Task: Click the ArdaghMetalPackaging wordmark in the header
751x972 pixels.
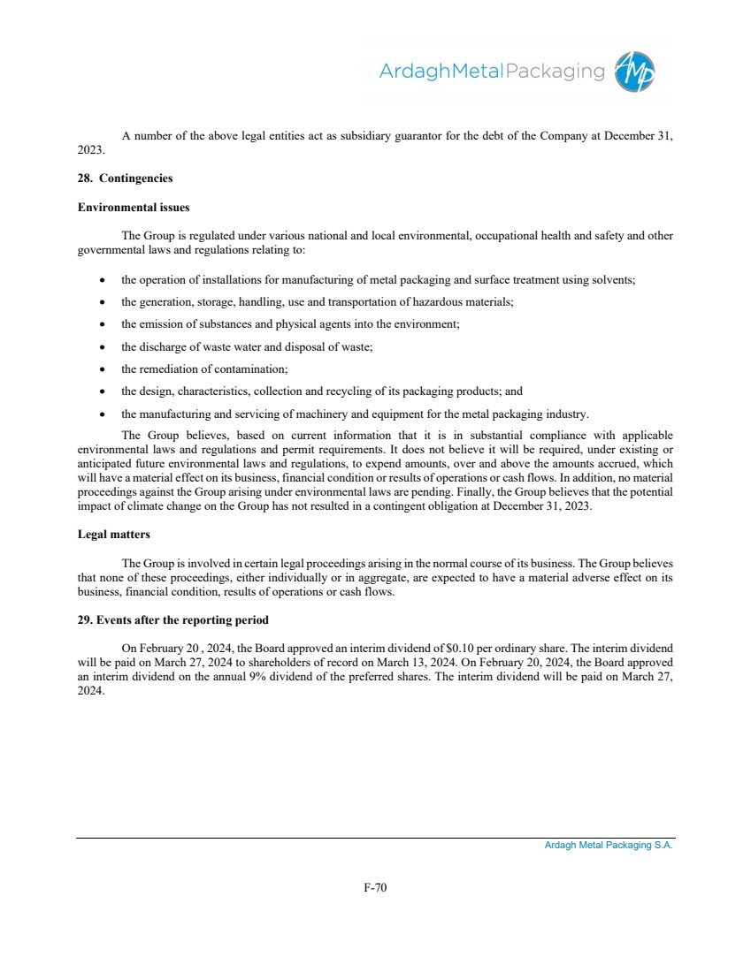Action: [x=491, y=71]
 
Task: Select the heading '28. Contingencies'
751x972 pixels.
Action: [x=125, y=178]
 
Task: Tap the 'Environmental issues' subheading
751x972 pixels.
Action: [x=134, y=208]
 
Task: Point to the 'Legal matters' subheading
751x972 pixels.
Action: [x=113, y=535]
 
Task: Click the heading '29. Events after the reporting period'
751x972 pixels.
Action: [x=173, y=619]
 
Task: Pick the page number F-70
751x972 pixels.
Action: [x=375, y=887]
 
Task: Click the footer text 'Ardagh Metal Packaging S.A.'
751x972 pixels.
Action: [x=609, y=845]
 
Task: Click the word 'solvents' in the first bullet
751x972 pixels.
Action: [x=614, y=279]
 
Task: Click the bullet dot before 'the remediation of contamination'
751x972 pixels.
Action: [x=103, y=368]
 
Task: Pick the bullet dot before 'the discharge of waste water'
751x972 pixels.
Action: [x=103, y=346]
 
